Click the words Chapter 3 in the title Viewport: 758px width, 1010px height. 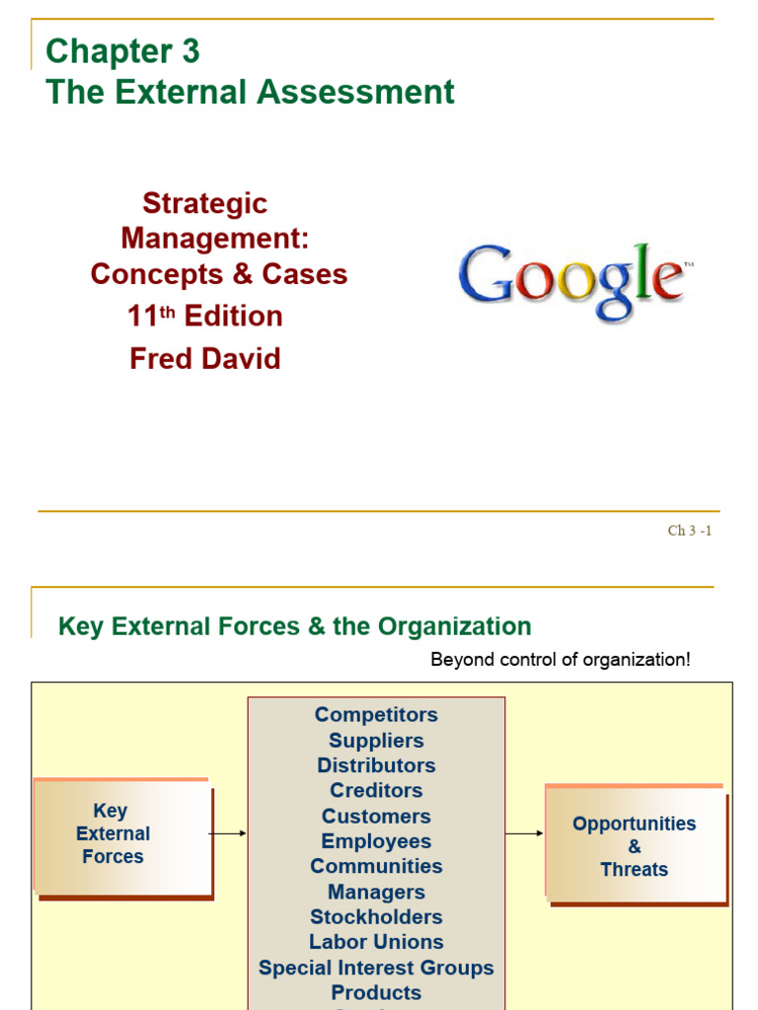pos(122,50)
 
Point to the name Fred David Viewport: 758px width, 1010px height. pos(205,358)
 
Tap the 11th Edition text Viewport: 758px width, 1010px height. pos(205,317)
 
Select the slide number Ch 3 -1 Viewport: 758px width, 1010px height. pos(689,531)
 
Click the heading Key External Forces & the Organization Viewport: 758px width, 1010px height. pos(295,626)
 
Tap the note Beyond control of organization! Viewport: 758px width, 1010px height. pos(561,660)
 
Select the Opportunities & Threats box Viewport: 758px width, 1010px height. pos(634,845)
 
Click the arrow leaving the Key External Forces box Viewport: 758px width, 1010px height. pos(228,833)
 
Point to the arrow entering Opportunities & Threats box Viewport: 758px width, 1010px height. pos(525,833)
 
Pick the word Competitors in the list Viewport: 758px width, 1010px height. pos(376,714)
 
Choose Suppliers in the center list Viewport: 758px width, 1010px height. pos(376,740)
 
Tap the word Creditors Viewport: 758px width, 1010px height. pos(376,790)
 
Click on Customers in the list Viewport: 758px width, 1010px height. pos(376,816)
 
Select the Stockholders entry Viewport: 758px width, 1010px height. pos(376,917)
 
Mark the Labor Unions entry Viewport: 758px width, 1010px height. pos(376,942)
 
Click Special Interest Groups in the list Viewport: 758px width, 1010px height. pos(376,968)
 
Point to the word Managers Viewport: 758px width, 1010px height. pos(376,892)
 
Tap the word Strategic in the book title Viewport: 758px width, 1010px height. pos(205,203)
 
